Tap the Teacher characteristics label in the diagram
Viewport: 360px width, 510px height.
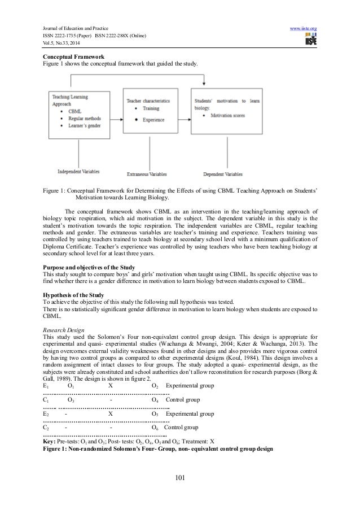tap(149, 100)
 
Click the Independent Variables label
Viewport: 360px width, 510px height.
tap(78, 171)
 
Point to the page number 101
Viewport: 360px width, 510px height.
tap(180, 480)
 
